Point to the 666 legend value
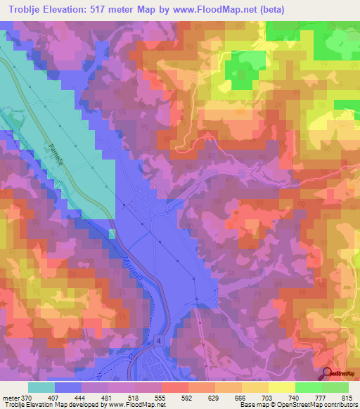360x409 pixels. [x=241, y=397]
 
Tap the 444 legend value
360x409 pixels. [x=89, y=397]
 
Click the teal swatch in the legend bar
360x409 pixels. [x=41, y=387]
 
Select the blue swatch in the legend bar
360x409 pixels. [x=68, y=387]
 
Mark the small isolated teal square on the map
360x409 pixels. [x=111, y=233]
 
